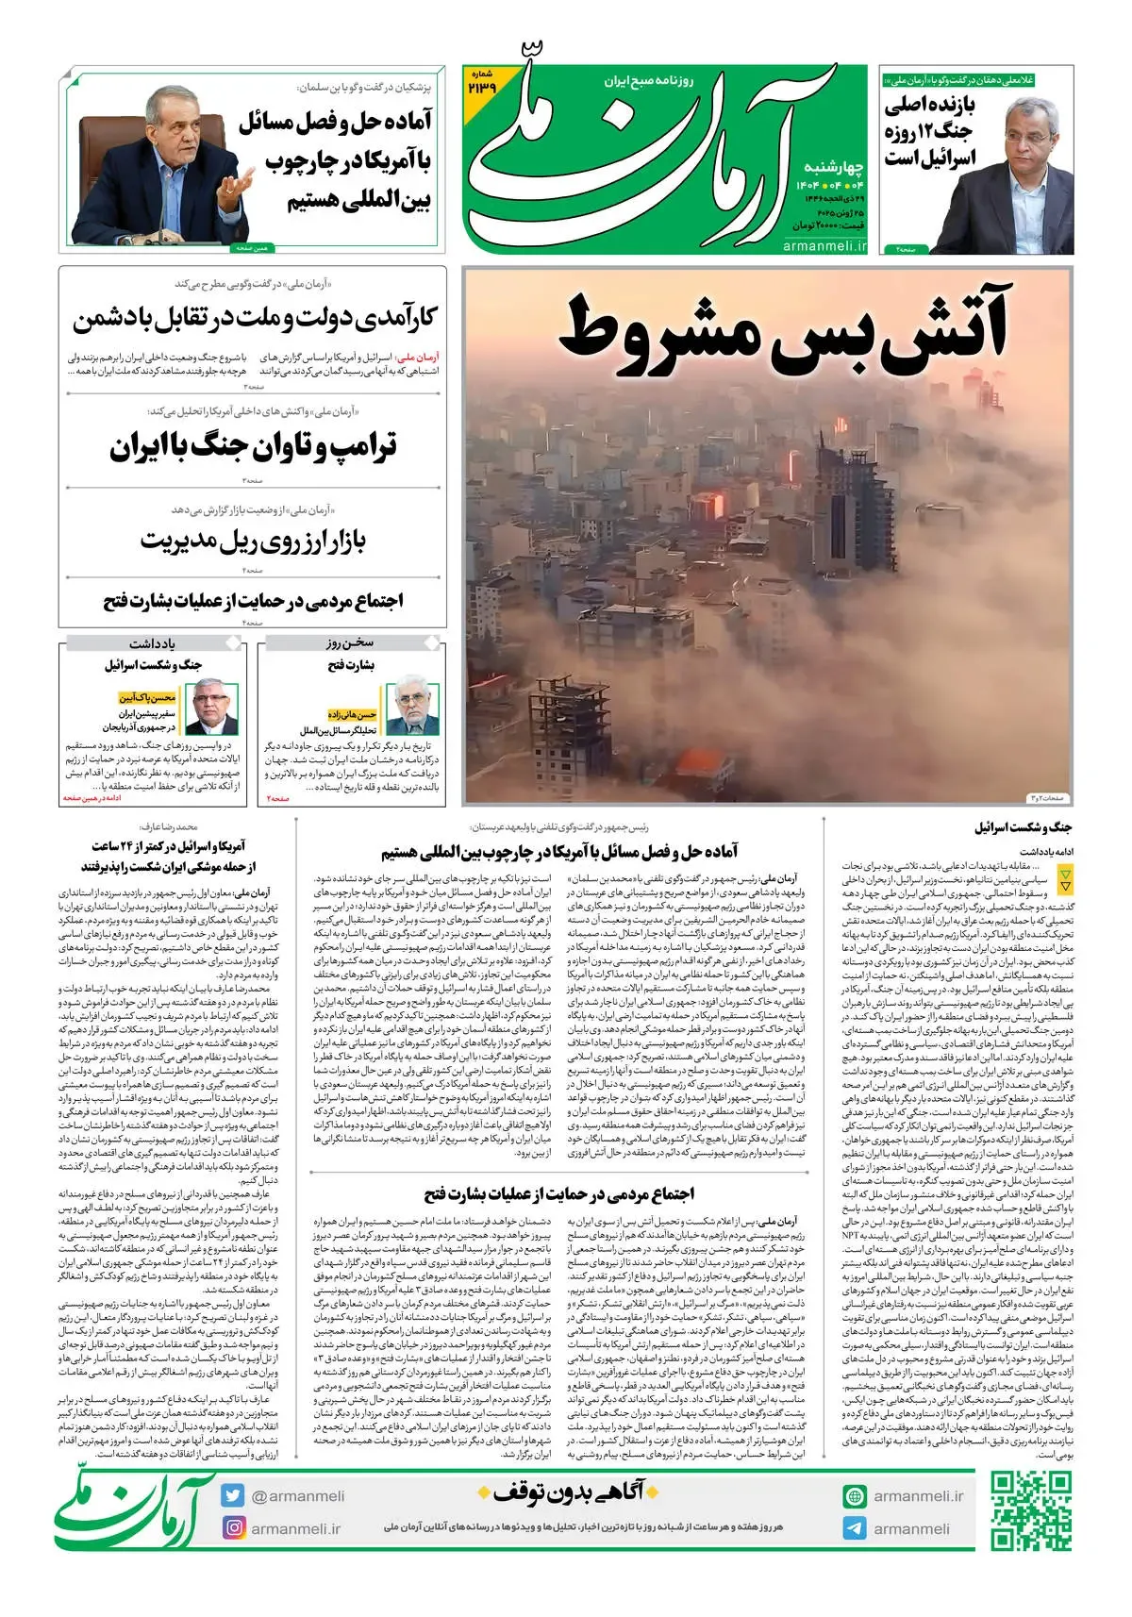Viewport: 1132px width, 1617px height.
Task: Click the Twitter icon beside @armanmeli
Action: [233, 1495]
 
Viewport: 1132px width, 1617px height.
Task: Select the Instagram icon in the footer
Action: [233, 1527]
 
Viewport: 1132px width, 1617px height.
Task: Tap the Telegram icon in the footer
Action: [855, 1528]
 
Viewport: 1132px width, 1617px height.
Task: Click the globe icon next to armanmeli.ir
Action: [855, 1495]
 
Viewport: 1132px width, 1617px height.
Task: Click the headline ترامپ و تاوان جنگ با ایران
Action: [253, 446]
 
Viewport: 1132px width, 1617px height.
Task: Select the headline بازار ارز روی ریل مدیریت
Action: [253, 541]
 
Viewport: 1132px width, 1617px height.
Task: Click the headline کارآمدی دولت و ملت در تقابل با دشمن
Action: [255, 318]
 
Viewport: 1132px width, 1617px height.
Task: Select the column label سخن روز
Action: [350, 643]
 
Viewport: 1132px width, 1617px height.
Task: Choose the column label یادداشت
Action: [152, 643]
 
